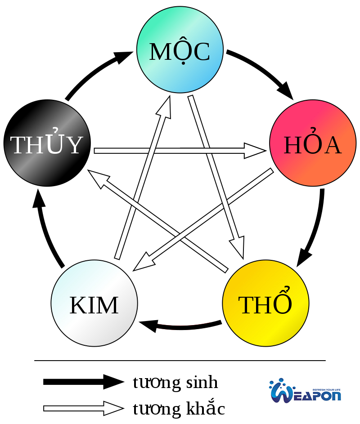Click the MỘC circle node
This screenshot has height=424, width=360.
(x=180, y=49)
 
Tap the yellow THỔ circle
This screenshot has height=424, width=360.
(x=266, y=303)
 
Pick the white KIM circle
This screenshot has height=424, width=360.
(x=94, y=303)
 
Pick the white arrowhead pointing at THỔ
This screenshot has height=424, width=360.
(x=238, y=247)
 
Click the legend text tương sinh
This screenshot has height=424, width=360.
(x=175, y=383)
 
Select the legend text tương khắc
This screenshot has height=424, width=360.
(x=179, y=409)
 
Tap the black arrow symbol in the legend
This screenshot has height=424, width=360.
(x=83, y=382)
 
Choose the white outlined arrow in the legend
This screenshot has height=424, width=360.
(x=83, y=408)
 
